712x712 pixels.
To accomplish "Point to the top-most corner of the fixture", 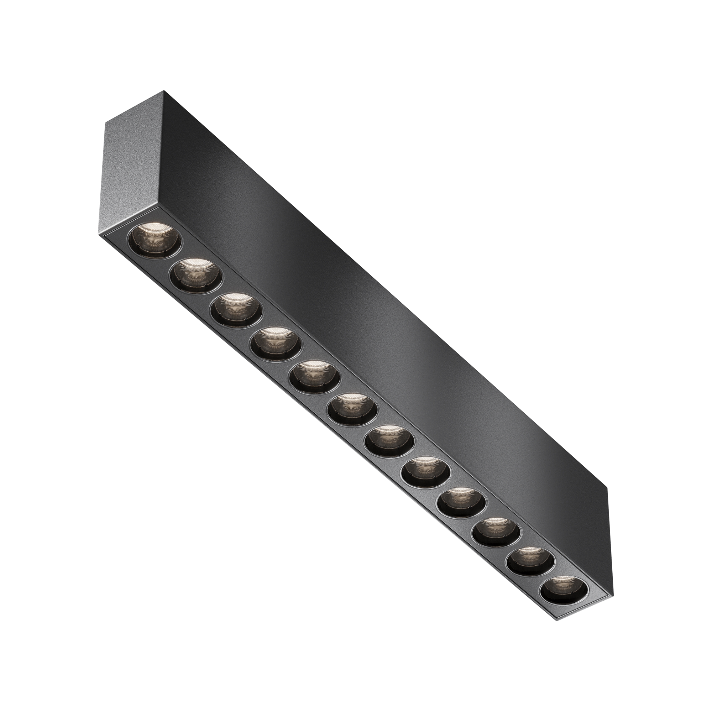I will (x=164, y=91).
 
